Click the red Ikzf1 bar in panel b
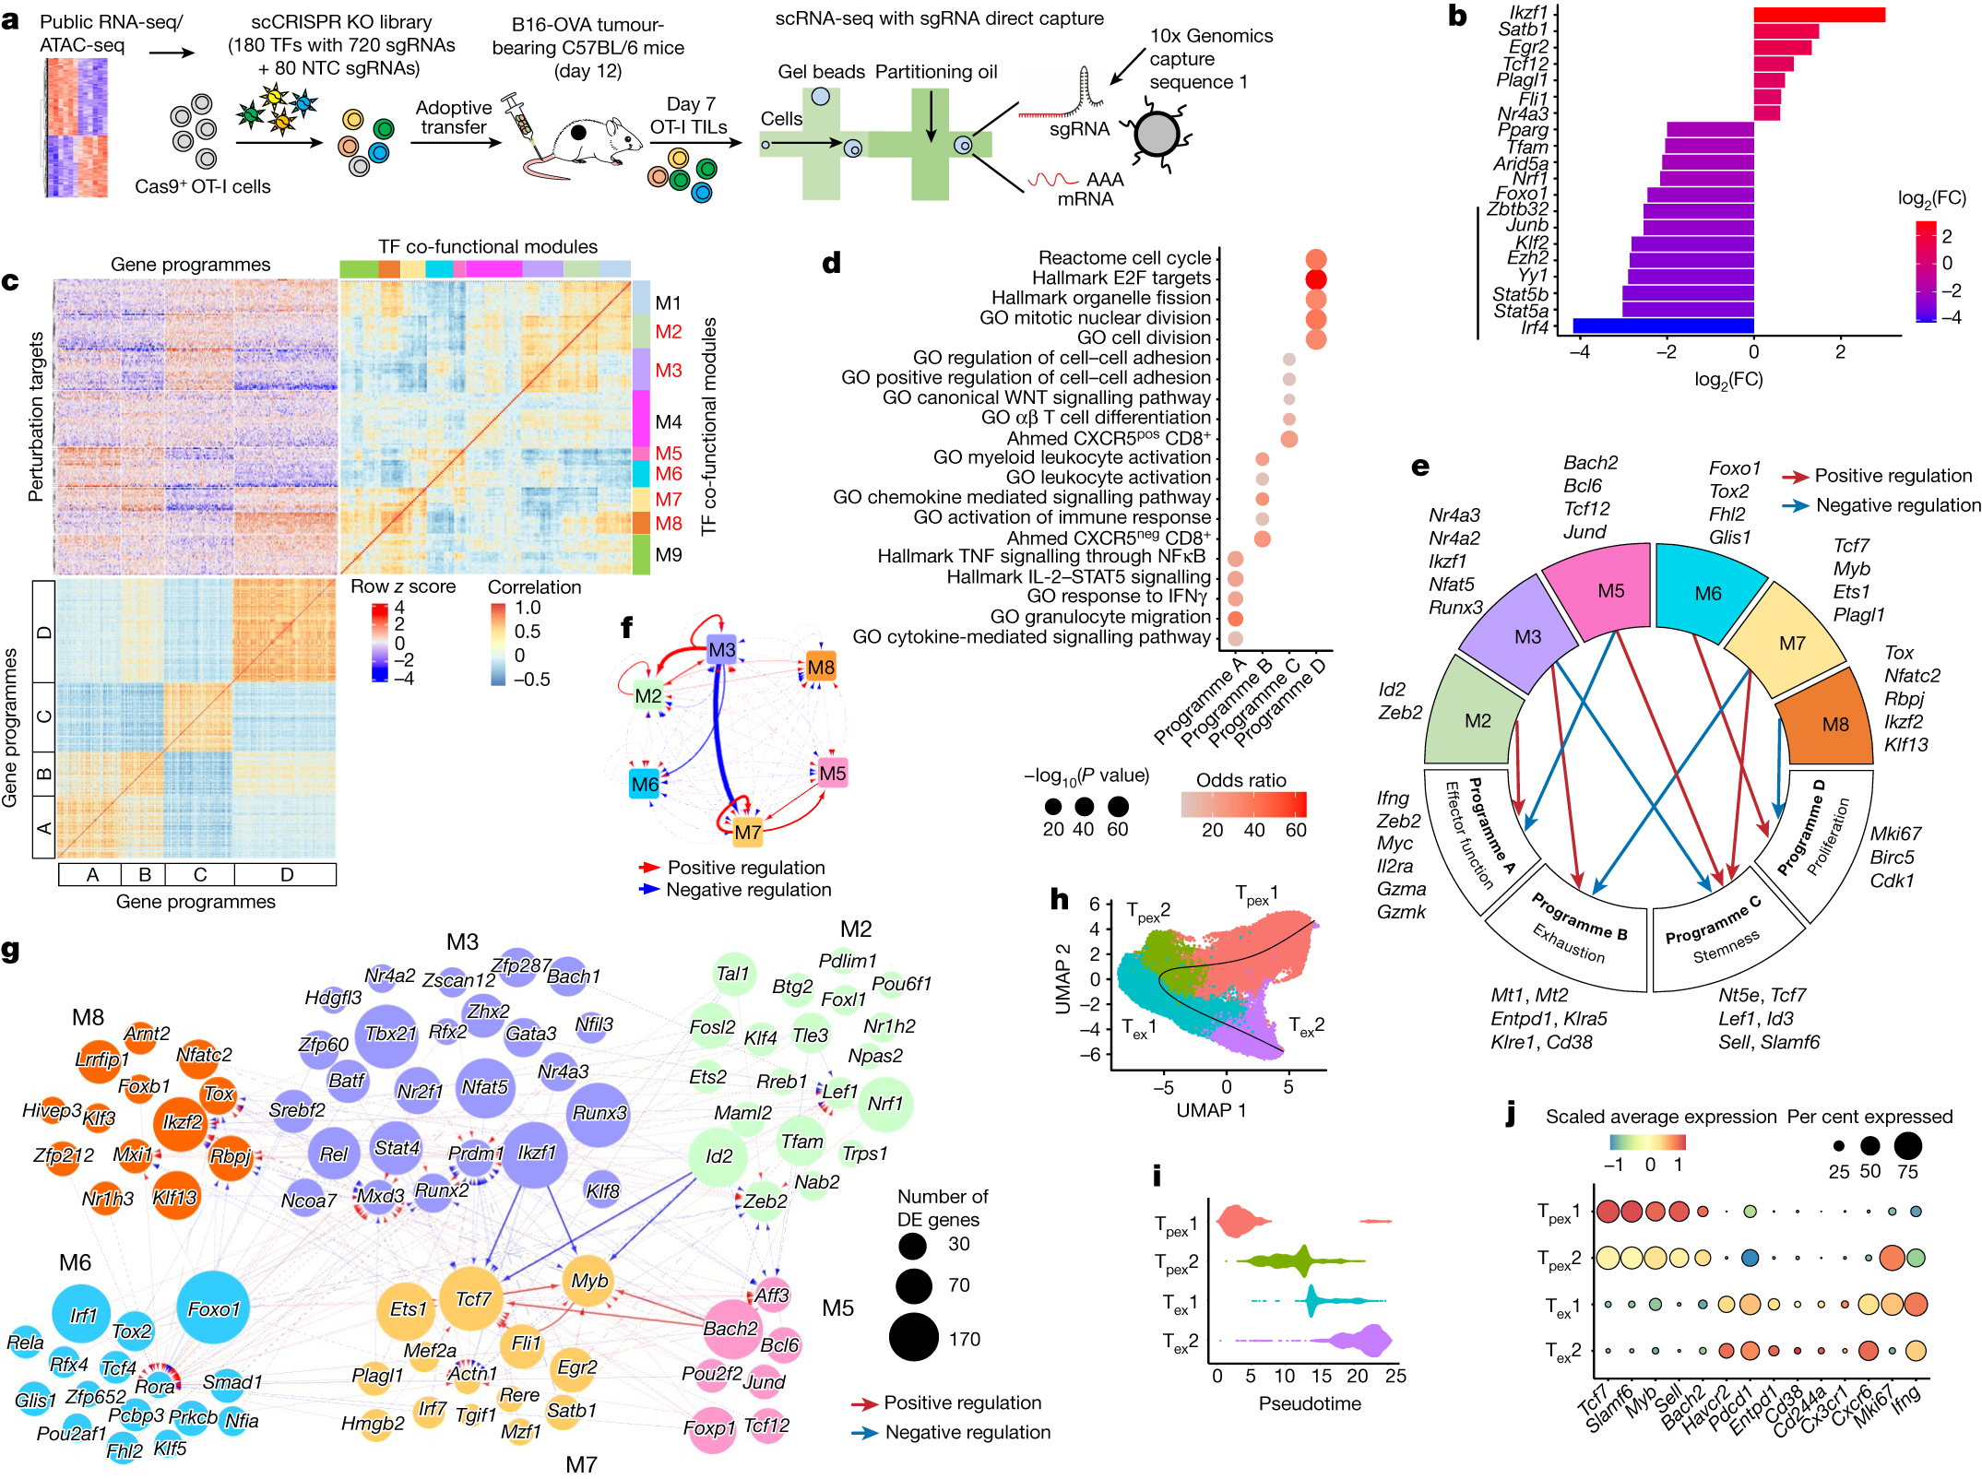pos(1818,14)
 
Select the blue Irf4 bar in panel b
pos(1662,325)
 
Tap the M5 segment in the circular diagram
pos(1610,591)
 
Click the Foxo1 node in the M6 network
pos(214,1307)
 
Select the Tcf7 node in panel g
pos(472,1298)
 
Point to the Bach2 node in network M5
pos(730,1328)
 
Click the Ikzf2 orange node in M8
pos(182,1122)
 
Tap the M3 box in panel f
pos(721,649)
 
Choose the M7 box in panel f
pos(747,832)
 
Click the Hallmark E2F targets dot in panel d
pos(1316,278)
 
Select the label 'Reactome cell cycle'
pos(1123,258)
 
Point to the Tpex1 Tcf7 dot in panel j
pos(1608,1211)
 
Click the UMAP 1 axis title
pos(1210,1110)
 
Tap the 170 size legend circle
pos(913,1337)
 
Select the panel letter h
pos(1060,899)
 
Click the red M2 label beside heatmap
pos(668,331)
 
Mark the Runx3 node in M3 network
pos(599,1113)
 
